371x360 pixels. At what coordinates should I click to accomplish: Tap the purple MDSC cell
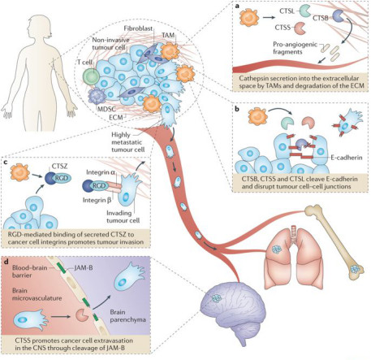[x=97, y=97]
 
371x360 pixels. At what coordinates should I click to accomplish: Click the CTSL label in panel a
[x=287, y=11]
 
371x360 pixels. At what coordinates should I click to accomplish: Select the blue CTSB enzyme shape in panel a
[x=338, y=15]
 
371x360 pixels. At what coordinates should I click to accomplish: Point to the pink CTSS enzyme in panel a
[x=300, y=28]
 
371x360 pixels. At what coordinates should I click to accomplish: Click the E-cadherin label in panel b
[x=347, y=158]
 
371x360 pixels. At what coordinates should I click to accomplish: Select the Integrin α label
[x=101, y=172]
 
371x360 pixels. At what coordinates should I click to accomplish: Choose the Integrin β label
[x=97, y=201]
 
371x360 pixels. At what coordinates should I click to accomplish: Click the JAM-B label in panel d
[x=84, y=268]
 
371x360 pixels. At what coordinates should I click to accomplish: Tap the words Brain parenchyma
[x=127, y=316]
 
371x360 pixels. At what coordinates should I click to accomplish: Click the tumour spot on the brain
[x=217, y=298]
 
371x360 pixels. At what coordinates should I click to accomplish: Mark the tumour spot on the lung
[x=277, y=249]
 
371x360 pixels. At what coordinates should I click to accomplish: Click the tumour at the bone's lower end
[x=356, y=269]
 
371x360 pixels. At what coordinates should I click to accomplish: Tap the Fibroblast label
[x=138, y=28]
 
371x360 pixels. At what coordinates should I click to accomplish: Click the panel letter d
[x=7, y=262]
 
